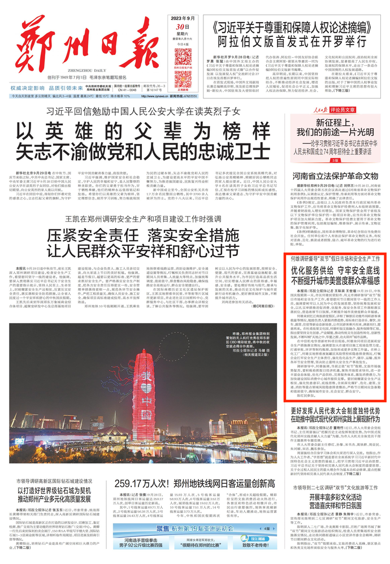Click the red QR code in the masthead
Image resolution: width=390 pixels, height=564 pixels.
pos(183,59)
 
